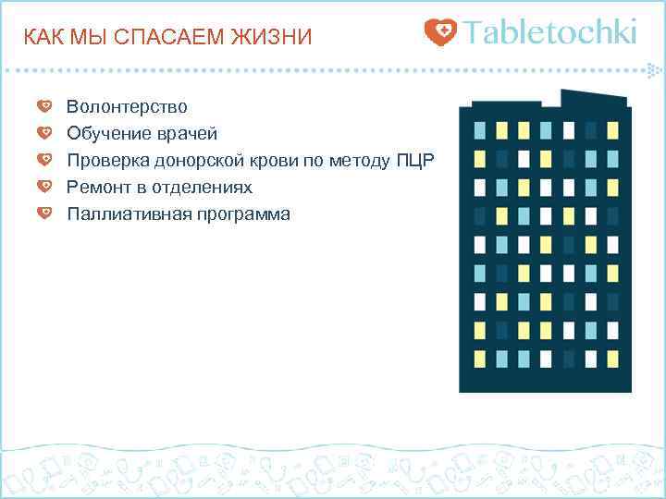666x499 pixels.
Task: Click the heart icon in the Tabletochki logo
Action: point(440,33)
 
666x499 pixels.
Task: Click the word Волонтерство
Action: point(127,107)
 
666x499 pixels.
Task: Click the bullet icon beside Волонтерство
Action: point(44,106)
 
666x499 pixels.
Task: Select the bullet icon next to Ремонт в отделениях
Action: point(44,187)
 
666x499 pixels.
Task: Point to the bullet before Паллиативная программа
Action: point(44,213)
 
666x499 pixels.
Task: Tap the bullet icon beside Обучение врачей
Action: point(44,133)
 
